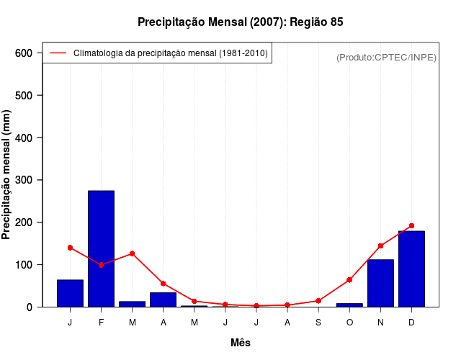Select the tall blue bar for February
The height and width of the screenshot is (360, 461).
coord(101,248)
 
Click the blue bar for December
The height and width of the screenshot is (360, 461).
coord(411,269)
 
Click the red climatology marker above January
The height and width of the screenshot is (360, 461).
coord(70,248)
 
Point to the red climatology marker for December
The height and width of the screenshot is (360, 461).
coord(411,226)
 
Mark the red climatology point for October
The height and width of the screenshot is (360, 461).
coord(349,279)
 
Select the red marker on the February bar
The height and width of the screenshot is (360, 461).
coord(101,265)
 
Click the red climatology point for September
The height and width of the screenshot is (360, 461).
coord(318,301)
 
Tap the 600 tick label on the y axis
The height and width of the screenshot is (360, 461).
coord(24,53)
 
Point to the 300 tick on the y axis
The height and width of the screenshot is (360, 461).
coord(24,180)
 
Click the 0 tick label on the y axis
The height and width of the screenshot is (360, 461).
coord(30,307)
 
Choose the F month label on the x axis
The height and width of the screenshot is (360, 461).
coord(101,323)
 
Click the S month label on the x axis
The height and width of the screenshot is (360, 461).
coord(318,323)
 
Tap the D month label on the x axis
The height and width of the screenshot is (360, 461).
coord(411,323)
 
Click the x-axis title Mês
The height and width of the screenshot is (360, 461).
coord(241,343)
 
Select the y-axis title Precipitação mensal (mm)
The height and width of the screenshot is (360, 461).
coord(7,180)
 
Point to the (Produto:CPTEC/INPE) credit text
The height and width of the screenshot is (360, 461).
coord(386,57)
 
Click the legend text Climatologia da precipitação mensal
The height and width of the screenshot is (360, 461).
coord(171,53)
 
